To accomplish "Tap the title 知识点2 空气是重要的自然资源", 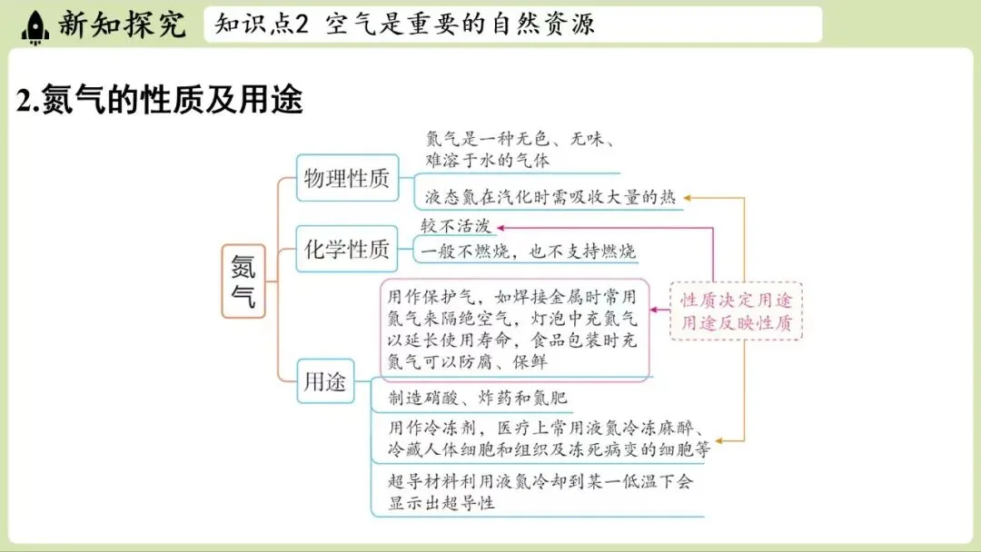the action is click(x=405, y=25).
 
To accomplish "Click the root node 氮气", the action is click(x=243, y=281).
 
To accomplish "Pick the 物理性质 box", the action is click(x=347, y=178).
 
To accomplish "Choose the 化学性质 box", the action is click(x=347, y=249).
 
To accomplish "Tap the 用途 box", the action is click(x=324, y=382).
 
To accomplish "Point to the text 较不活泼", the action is click(x=456, y=225).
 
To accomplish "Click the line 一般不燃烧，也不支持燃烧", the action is click(x=527, y=251).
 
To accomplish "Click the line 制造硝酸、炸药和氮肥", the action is click(x=477, y=399).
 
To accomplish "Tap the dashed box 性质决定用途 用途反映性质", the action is click(x=737, y=310).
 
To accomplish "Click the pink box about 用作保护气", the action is click(x=513, y=329).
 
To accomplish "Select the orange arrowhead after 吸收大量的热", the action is click(x=688, y=197).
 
